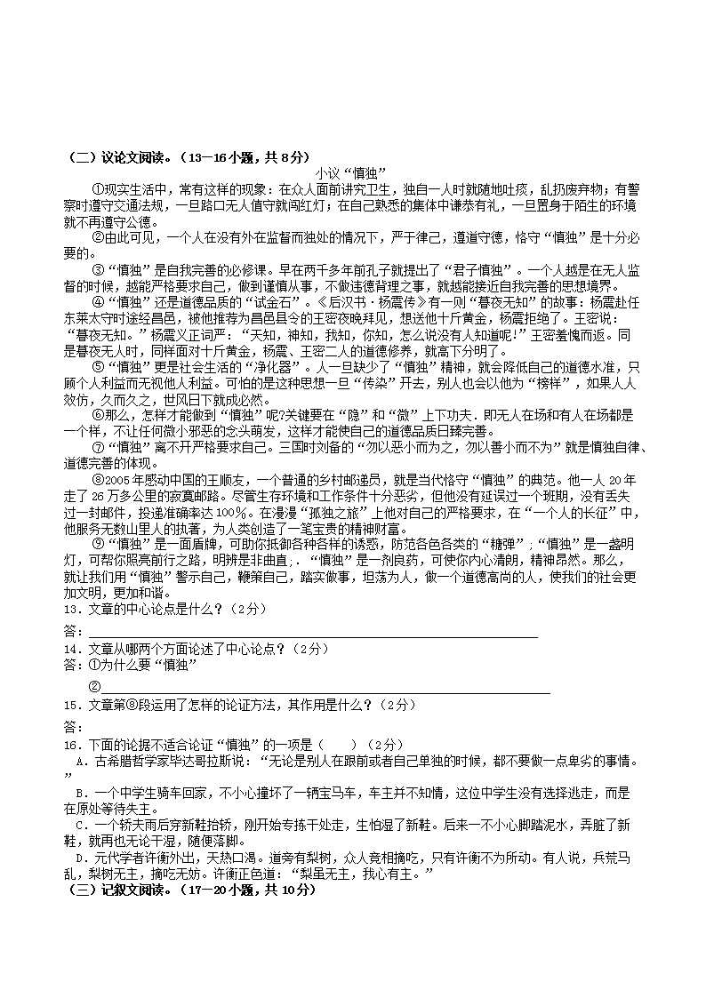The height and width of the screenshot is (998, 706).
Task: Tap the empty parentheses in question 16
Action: point(340,744)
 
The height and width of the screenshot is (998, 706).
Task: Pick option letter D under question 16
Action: point(80,858)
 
